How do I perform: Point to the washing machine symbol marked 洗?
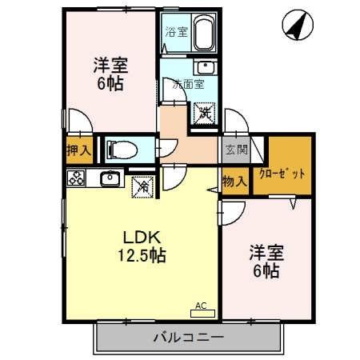point(205,113)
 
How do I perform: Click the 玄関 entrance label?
point(236,150)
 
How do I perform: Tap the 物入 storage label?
point(234,182)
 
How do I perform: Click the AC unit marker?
point(202,306)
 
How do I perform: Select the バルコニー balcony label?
point(189,337)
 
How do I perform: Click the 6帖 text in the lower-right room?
point(266,272)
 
